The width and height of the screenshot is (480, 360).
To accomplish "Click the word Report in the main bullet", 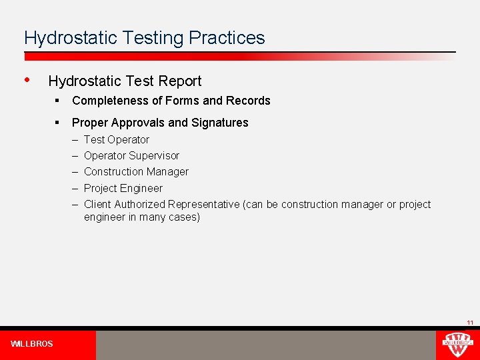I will click(x=181, y=81).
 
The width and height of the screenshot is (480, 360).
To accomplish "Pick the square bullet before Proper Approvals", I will click(x=59, y=122).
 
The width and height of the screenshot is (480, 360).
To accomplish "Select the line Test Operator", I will click(x=117, y=140).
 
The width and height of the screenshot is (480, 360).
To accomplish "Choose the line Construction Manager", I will click(x=136, y=172).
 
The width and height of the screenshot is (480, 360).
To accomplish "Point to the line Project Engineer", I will click(x=123, y=188).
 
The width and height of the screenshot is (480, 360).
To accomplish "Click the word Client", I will click(x=97, y=205).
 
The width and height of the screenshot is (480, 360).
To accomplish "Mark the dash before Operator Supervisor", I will click(x=75, y=156).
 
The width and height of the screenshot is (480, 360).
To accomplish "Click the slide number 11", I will click(x=470, y=323).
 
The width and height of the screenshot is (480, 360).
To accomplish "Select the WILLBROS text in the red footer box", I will click(x=32, y=344).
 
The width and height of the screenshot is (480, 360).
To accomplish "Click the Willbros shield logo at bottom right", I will click(x=457, y=345).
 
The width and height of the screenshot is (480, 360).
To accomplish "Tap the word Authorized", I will click(x=140, y=205).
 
